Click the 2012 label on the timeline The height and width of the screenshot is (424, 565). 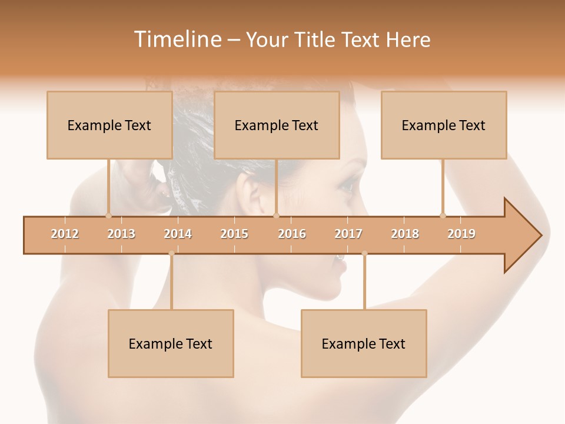pos(65,234)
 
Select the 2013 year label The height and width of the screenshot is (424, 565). pos(121,234)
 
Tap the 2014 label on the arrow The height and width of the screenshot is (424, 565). pos(178,234)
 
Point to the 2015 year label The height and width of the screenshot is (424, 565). pos(234,234)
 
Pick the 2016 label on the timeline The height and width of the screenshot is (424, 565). pos(292,234)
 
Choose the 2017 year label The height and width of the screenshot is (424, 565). pos(348,234)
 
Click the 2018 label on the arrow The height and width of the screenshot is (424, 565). pos(405,234)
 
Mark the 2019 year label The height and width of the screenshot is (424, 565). pos(461,234)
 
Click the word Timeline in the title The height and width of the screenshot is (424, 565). pos(177,39)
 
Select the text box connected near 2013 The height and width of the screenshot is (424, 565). pos(109,125)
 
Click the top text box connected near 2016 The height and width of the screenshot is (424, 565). pos(277,125)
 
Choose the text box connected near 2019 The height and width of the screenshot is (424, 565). pos(444,125)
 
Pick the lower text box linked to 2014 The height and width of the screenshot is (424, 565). pos(171,343)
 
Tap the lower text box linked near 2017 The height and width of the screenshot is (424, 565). pos(364,343)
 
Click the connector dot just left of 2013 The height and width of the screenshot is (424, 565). pos(108,216)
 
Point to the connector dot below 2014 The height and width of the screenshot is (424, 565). pos(171,254)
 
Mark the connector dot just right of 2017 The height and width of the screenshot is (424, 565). pos(364,254)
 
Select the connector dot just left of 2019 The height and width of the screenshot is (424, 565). pos(443,216)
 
